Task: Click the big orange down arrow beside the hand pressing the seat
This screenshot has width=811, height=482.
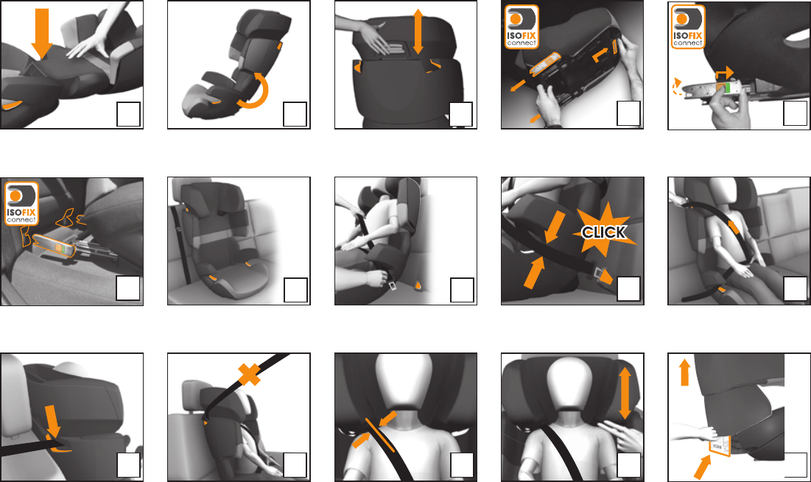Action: coord(42,32)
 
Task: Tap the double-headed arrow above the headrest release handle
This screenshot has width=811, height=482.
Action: coord(418,32)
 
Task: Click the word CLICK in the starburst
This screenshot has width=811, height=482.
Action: coord(604,233)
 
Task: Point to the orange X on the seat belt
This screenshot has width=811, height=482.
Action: coord(249,375)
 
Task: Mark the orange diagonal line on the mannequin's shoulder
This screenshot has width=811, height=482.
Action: coord(379,435)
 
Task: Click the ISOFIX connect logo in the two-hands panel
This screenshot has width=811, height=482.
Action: coord(522,27)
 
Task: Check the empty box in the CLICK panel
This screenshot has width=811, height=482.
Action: coord(628,288)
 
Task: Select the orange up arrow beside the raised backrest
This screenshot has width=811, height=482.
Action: coord(684,372)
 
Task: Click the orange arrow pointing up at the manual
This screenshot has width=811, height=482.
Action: coord(702,467)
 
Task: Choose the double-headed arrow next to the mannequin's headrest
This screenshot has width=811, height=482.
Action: coord(625,393)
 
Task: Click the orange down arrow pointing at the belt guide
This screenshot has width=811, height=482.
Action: coord(52,422)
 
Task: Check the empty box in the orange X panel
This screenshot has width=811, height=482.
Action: coord(295,465)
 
